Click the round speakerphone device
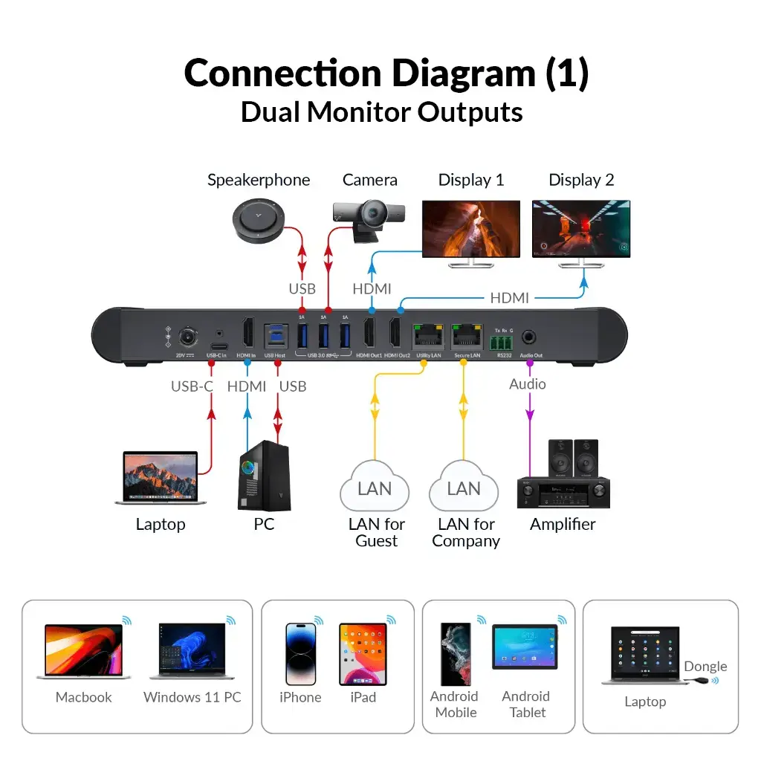(x=257, y=220)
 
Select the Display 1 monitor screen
(x=471, y=229)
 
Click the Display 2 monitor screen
(x=581, y=229)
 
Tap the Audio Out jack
(x=530, y=337)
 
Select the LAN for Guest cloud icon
(x=375, y=486)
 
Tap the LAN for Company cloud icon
(x=464, y=486)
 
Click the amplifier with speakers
(x=563, y=476)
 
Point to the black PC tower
(x=265, y=476)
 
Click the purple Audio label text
(x=528, y=384)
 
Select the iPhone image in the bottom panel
(x=301, y=654)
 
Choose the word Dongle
(x=705, y=667)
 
